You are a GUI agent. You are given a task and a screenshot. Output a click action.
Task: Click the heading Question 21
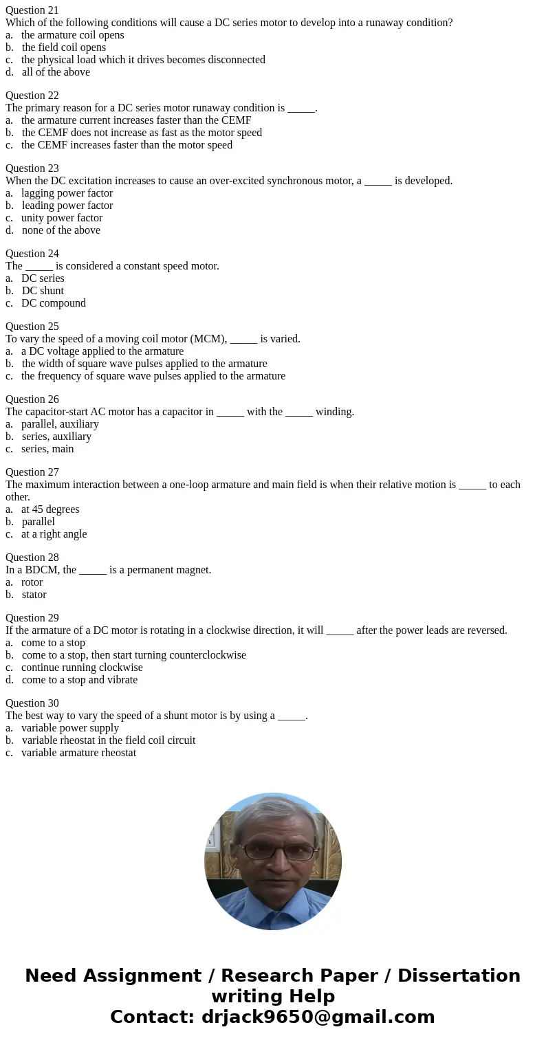tap(32, 10)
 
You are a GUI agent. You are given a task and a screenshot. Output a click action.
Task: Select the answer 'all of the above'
tap(55, 72)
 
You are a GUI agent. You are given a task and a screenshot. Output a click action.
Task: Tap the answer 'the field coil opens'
tap(63, 47)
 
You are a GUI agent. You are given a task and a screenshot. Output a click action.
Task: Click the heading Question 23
tap(32, 168)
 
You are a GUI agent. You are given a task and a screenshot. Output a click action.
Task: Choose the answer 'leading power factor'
tap(67, 206)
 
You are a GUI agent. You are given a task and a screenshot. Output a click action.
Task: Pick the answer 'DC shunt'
tap(43, 291)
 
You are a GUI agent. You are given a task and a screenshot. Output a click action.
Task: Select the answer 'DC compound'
tap(53, 303)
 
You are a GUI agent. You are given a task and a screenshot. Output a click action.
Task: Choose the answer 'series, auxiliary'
tap(56, 437)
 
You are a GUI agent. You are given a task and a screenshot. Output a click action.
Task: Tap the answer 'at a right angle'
tap(54, 534)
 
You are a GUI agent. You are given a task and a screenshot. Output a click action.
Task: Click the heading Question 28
tap(32, 558)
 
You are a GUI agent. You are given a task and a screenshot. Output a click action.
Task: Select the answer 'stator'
tap(34, 595)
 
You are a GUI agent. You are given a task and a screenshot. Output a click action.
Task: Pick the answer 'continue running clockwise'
tap(82, 668)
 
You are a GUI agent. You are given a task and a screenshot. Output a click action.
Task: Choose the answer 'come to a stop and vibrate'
tap(79, 680)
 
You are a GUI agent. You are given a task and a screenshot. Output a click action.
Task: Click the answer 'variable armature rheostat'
tap(78, 753)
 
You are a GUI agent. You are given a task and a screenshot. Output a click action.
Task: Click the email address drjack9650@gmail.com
tap(318, 1017)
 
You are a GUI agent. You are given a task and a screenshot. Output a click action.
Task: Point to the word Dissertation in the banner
tap(459, 976)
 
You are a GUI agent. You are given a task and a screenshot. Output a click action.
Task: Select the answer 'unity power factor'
tap(62, 218)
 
